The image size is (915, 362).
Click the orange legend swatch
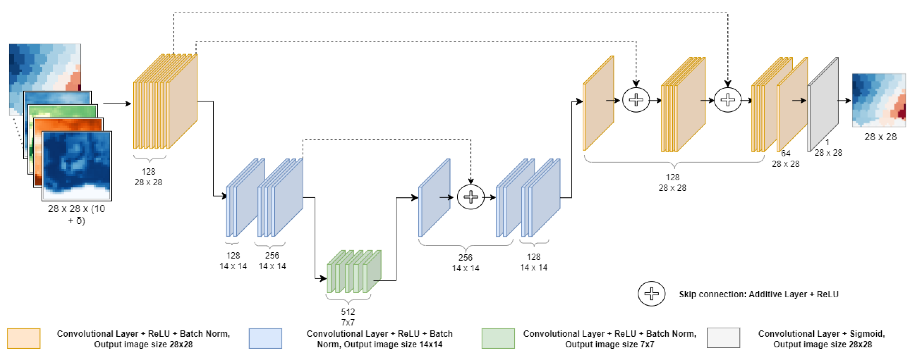[23, 338]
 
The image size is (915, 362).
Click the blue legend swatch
[265, 338]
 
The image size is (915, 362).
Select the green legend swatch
[498, 338]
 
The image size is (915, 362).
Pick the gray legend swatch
[723, 338]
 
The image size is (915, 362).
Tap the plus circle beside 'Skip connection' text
[651, 293]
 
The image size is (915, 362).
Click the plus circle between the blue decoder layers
[471, 197]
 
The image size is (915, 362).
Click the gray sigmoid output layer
[823, 105]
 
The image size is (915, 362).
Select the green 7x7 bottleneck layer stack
[354, 272]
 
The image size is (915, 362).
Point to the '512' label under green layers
[348, 312]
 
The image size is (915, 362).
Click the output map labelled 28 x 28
[879, 100]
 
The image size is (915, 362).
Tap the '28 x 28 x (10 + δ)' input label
[76, 214]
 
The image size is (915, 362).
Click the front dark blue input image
[77, 165]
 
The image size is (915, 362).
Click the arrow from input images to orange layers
[117, 104]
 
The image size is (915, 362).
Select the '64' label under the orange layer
[785, 153]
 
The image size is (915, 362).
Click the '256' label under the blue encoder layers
[272, 255]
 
